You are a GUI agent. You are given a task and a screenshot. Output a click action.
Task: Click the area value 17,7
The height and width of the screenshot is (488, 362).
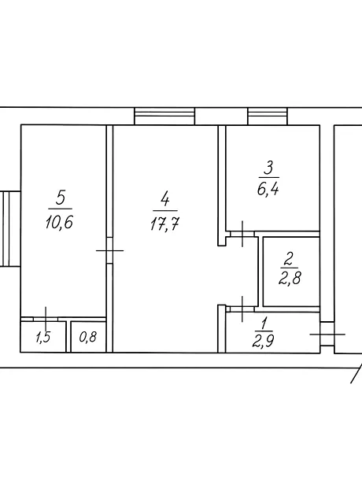point(164,224)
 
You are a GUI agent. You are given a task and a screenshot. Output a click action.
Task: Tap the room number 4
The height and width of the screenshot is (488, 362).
point(165,199)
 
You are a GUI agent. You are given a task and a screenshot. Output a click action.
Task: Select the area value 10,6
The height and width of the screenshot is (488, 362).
point(59,222)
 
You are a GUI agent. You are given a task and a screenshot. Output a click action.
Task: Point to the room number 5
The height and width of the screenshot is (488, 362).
point(61,198)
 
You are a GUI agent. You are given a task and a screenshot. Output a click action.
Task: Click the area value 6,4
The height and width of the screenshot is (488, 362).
point(268,189)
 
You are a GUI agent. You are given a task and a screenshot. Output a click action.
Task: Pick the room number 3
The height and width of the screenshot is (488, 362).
point(268,168)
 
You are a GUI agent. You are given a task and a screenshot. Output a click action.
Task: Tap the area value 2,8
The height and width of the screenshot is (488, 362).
point(290,278)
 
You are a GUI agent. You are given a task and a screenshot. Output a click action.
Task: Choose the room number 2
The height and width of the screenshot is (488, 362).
point(289,259)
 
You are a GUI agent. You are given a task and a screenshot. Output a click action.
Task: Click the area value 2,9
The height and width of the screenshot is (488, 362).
point(264,341)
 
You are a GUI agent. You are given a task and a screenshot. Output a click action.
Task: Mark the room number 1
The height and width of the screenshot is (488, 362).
point(264,323)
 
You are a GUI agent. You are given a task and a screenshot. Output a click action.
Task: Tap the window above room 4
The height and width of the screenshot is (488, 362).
point(164,116)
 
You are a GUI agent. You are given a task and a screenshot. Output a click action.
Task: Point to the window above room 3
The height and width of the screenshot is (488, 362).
point(268,116)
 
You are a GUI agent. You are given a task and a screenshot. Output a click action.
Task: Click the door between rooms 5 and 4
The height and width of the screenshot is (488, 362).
point(109,250)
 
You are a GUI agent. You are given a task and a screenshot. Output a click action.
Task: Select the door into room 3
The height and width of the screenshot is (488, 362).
point(242,234)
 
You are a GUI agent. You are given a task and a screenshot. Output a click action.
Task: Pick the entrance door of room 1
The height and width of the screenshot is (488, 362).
point(327,335)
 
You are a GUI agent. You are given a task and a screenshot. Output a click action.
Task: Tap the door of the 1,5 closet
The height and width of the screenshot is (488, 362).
point(46,319)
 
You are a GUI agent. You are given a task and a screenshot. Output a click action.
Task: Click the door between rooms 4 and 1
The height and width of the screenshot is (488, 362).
point(242,309)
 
